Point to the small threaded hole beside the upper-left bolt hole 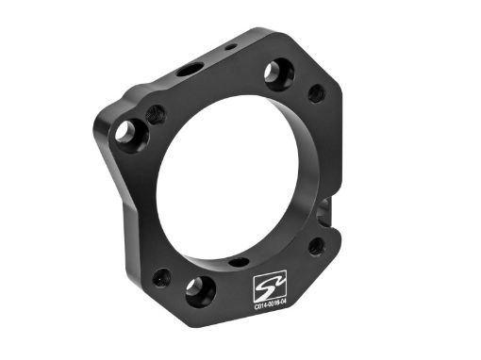pyautogui.click(x=157, y=115)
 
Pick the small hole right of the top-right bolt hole pyautogui.click(x=317, y=92)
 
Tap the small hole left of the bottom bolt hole pyautogui.click(x=162, y=277)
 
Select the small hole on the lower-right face pyautogui.click(x=315, y=247)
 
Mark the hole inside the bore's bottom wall pyautogui.click(x=239, y=261)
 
